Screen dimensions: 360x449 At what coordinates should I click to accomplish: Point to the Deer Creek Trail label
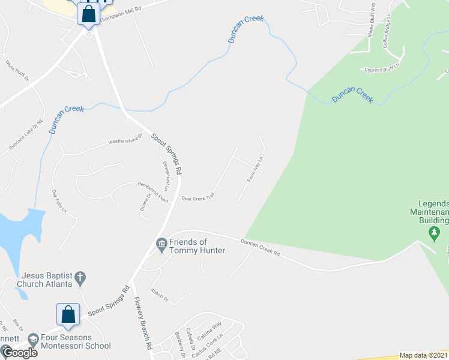(197, 197)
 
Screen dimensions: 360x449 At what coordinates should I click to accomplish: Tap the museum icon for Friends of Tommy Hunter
(161, 243)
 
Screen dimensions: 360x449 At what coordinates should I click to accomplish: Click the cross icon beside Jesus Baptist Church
(79, 278)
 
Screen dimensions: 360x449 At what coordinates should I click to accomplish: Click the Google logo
(19, 352)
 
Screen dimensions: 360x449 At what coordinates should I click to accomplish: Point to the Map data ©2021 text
(424, 355)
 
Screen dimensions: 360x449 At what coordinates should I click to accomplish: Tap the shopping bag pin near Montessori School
(68, 315)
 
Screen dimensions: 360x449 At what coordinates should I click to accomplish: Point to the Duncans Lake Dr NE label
(26, 136)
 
